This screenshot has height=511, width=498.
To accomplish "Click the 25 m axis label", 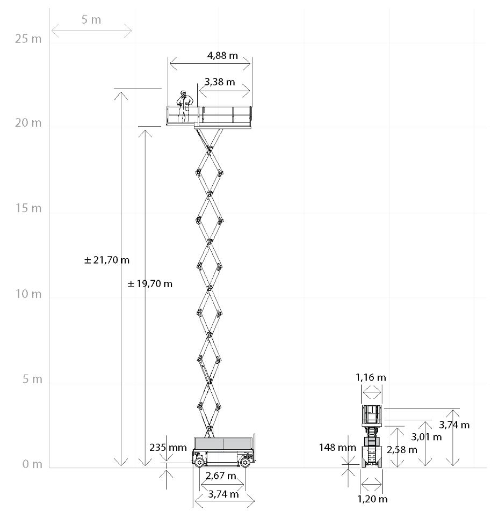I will [28, 39].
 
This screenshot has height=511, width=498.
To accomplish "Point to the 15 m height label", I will [28, 208].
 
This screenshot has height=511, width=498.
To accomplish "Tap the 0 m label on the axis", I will [32, 464].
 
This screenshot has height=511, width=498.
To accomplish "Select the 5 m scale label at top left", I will [91, 20].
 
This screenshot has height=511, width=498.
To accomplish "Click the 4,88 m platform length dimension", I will [222, 55].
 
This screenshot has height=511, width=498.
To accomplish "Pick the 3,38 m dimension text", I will [219, 82].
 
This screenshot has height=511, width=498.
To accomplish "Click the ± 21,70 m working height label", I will [107, 260].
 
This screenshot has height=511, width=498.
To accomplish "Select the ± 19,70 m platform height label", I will [150, 283].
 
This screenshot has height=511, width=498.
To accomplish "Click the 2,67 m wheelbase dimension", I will [221, 476].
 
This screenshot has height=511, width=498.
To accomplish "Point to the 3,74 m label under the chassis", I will [223, 494].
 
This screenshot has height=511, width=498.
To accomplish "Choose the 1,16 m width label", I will [371, 377].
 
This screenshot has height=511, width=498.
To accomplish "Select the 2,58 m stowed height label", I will [401, 449].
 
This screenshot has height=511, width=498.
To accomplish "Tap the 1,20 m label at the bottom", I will [372, 499].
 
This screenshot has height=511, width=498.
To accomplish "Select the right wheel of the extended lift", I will [245, 461].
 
